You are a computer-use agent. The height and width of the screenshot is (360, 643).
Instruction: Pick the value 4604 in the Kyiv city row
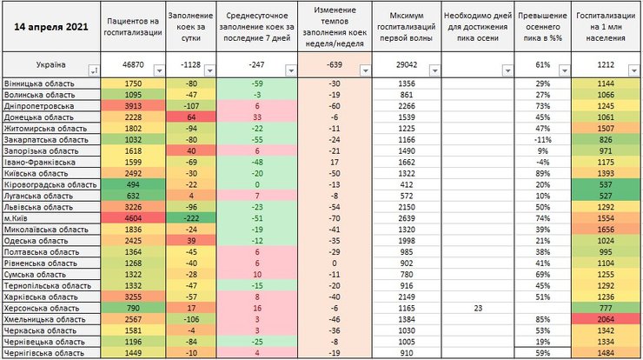133,219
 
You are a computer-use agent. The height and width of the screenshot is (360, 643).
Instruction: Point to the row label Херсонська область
40,309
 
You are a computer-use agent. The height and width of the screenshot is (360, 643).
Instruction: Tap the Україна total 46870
133,65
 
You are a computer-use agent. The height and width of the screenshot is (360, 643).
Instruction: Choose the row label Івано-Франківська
40,162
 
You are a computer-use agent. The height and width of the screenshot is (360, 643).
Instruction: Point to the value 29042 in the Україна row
406,65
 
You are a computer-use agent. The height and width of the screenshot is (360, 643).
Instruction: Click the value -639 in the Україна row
335,65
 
